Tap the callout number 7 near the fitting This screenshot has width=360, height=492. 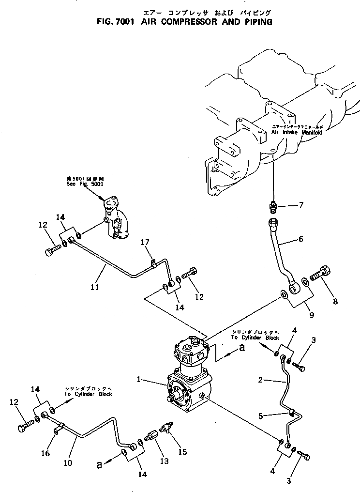coord(300,205)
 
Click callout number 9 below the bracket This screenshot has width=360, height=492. coord(312,315)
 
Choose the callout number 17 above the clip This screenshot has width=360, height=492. coord(144,242)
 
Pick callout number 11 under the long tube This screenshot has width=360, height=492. coord(94,287)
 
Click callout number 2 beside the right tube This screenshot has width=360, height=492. coord(261,381)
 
